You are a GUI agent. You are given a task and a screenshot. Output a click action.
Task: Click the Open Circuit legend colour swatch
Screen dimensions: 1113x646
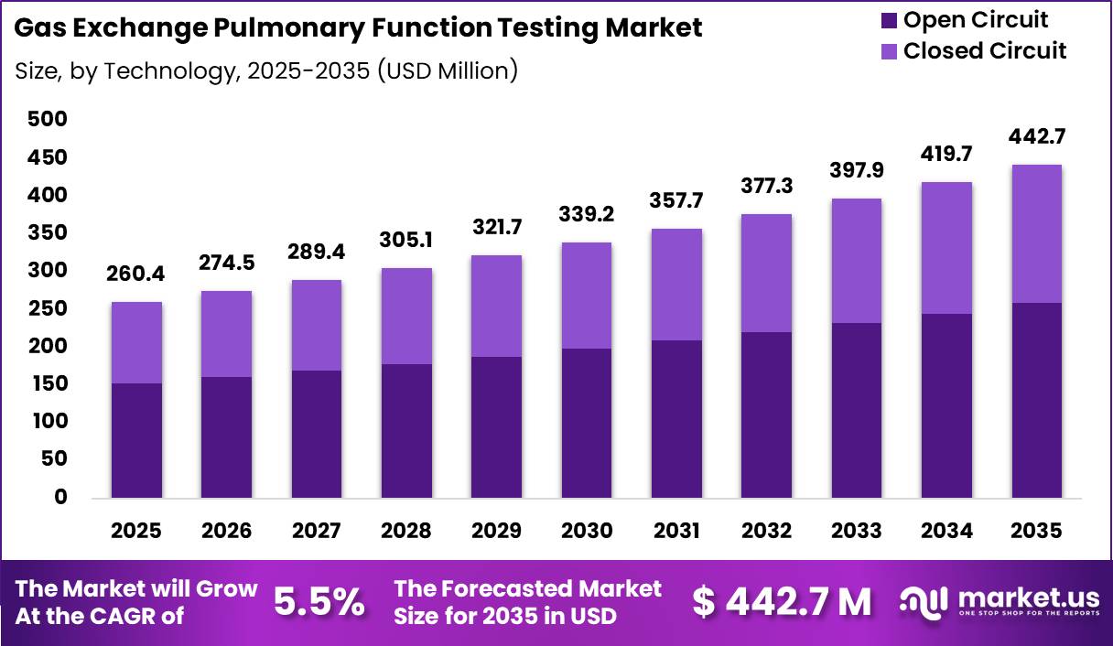click(x=889, y=21)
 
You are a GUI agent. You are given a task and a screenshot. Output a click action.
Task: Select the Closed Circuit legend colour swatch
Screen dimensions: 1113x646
click(x=889, y=51)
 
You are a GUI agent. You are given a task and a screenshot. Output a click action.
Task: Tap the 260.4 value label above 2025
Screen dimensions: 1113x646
click(x=135, y=274)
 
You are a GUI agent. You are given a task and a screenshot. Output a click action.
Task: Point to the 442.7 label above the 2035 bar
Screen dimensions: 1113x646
click(x=1037, y=136)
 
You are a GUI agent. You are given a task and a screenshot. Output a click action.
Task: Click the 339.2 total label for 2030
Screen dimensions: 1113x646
click(x=587, y=214)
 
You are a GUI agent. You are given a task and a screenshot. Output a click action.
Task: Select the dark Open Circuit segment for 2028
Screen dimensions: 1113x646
click(x=406, y=431)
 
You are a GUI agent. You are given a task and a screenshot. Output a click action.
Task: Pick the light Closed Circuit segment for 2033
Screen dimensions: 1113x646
click(x=857, y=261)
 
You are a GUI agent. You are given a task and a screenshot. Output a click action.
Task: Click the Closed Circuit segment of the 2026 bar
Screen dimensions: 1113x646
click(x=227, y=334)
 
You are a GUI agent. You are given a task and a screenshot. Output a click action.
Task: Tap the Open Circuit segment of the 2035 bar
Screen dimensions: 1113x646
click(x=1037, y=400)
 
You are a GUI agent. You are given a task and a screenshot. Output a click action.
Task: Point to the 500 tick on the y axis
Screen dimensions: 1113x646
click(x=48, y=119)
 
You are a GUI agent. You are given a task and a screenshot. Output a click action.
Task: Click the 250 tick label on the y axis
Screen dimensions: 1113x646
click(x=48, y=308)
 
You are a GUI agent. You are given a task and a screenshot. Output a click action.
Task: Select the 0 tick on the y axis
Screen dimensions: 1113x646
click(x=60, y=497)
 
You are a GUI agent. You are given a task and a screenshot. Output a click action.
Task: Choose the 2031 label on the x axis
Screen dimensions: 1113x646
click(x=676, y=531)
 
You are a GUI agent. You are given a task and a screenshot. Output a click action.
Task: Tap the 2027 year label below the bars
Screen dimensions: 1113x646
click(x=316, y=531)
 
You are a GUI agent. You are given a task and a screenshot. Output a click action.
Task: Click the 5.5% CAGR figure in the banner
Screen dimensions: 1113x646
click(x=319, y=602)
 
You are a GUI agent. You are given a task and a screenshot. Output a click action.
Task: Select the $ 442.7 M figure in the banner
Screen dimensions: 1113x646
click(x=782, y=602)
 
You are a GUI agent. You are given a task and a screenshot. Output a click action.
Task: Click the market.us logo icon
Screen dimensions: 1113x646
click(x=924, y=602)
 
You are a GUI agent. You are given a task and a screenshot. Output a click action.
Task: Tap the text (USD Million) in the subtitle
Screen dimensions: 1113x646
click(x=448, y=70)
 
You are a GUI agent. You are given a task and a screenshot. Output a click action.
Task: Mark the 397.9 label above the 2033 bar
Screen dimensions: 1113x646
click(x=857, y=170)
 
